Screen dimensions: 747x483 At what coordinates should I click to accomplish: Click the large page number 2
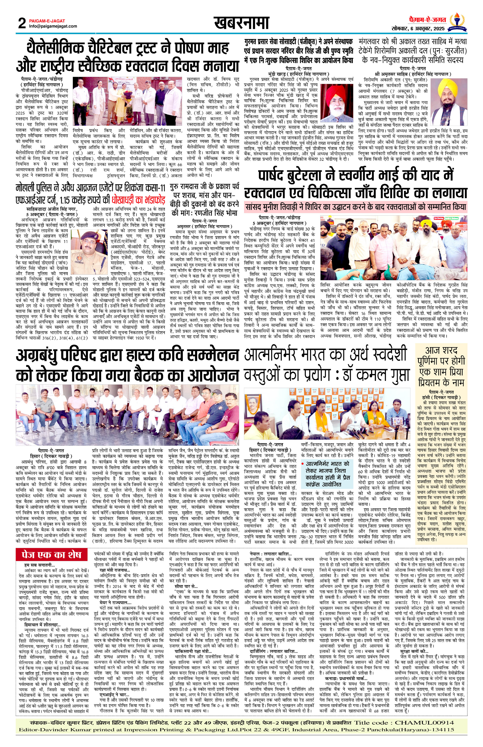pyautogui.click(x=22, y=23)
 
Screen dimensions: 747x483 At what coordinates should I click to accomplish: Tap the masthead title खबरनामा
pyautogui.click(x=241, y=23)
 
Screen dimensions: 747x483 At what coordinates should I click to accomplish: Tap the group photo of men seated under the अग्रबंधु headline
pyautogui.click(x=127, y=415)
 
